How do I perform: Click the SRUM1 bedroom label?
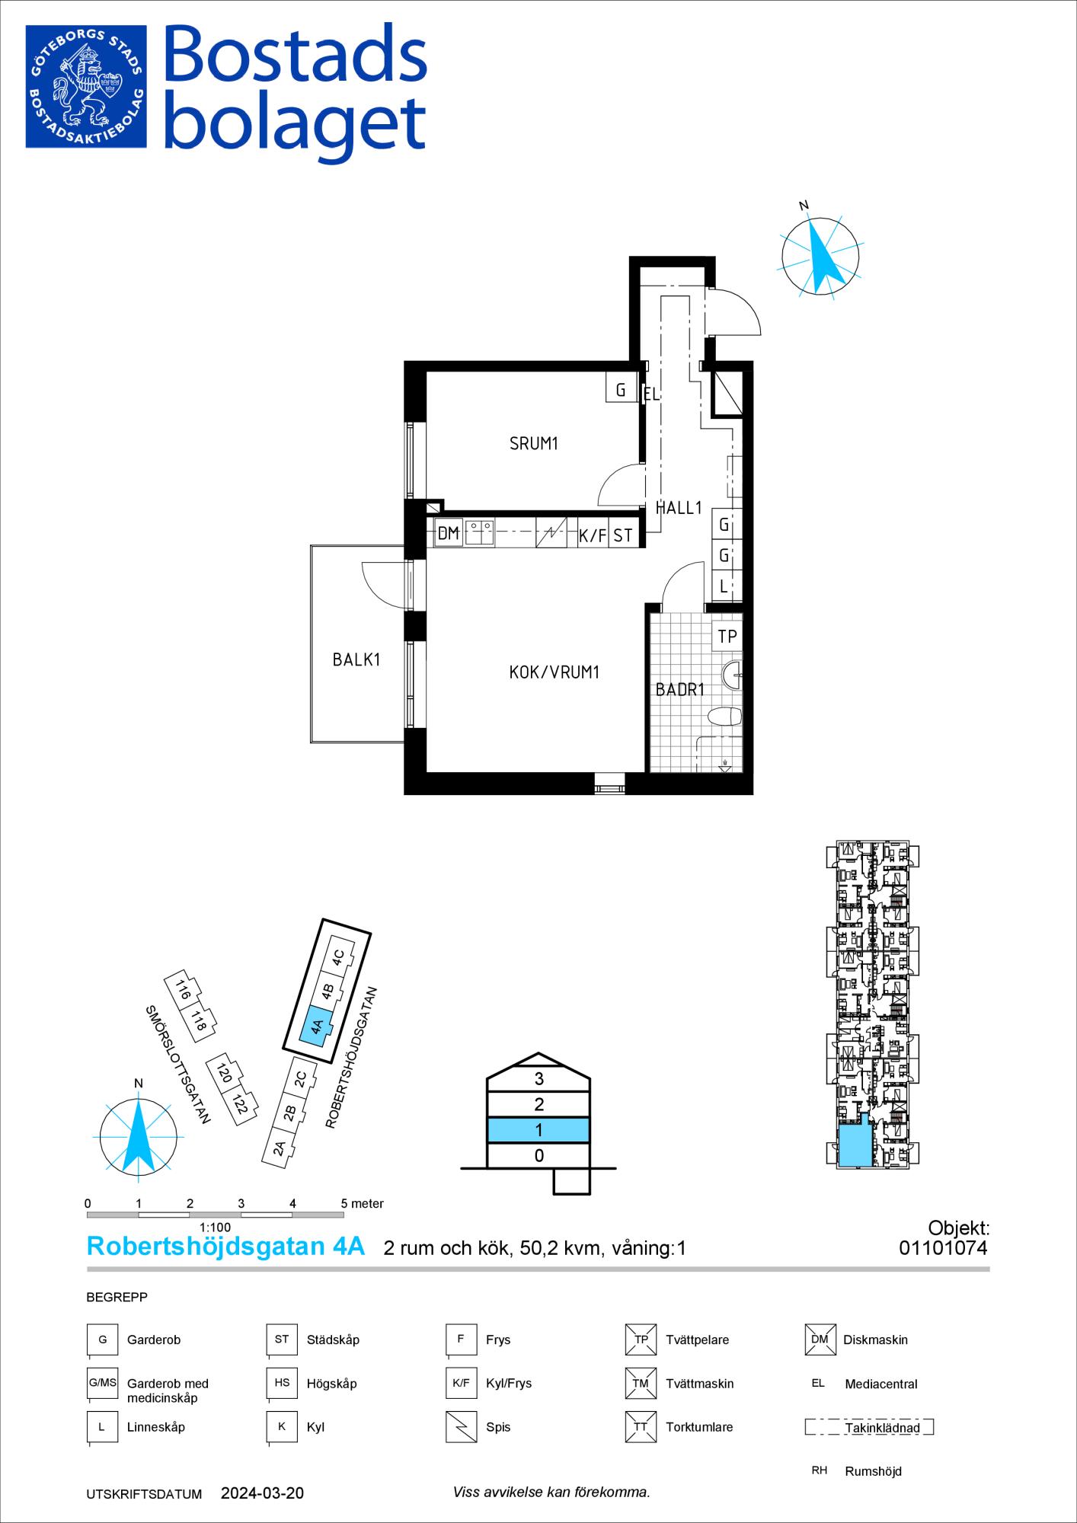(534, 443)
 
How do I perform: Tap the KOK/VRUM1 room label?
(554, 672)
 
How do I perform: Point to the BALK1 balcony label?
(356, 659)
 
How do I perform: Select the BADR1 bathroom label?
(680, 690)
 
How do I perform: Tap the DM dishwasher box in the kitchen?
(449, 534)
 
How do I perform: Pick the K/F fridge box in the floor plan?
(593, 535)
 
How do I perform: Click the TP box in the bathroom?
(727, 636)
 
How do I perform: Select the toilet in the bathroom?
(724, 718)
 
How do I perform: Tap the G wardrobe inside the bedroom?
(622, 390)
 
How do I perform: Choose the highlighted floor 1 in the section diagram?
(538, 1130)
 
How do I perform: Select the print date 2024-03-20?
(262, 1494)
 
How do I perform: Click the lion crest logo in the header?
(86, 86)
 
